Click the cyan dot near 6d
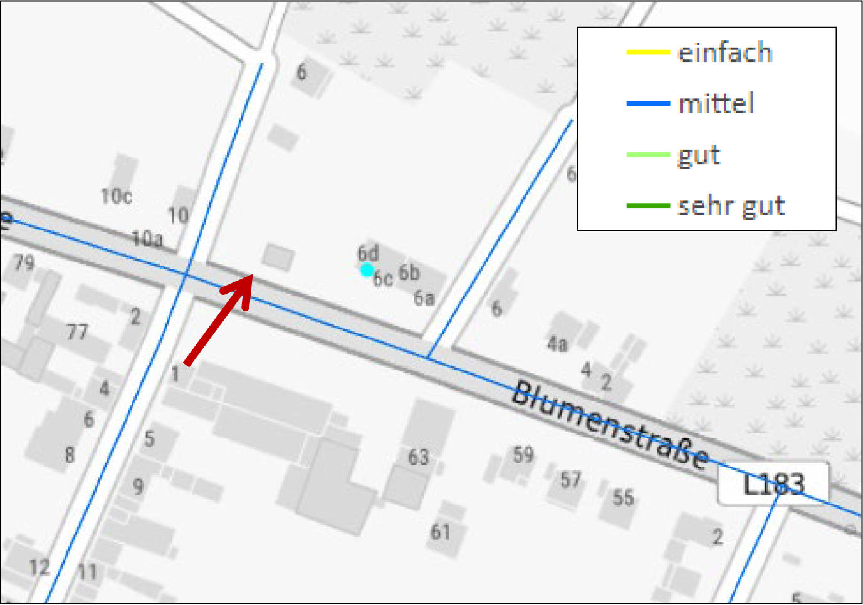coord(367,270)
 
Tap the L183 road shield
coord(773,483)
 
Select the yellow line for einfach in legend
coord(648,53)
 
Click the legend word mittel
coord(716,103)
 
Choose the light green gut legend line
coord(648,155)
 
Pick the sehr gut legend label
coord(731,205)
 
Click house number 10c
coord(117,196)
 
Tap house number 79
coord(24,262)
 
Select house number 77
coord(77,331)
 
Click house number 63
coord(418,457)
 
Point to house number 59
coord(523,454)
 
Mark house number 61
coord(440,532)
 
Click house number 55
coord(623,497)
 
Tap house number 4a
coord(557,343)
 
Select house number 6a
coord(424,298)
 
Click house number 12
coord(39,567)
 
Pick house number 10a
coord(147,239)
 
